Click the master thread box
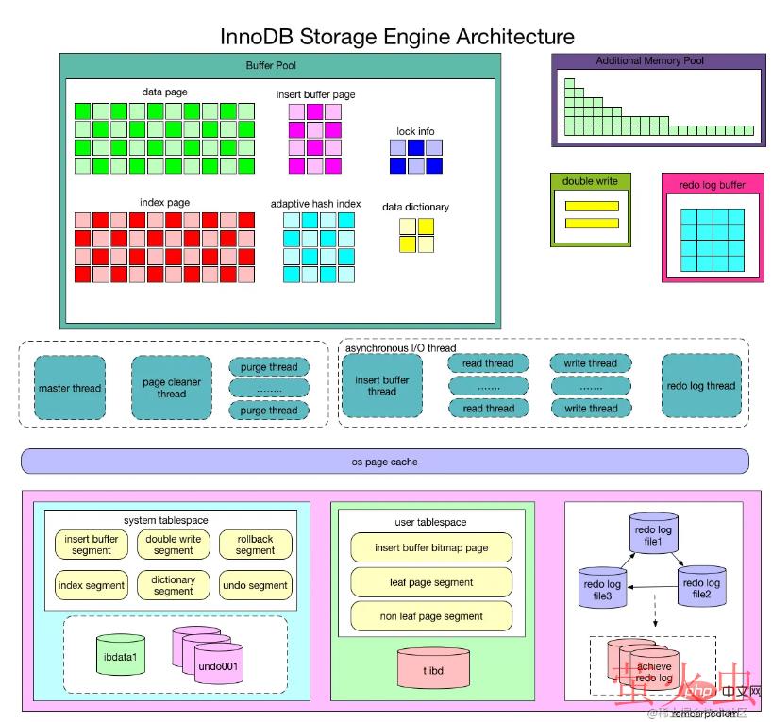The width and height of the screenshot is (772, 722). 70,388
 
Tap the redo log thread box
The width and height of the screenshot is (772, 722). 700,385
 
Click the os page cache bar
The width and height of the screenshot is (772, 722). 385,462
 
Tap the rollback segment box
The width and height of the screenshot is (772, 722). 255,545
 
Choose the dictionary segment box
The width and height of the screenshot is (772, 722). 174,585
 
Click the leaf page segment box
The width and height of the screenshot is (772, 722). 431,581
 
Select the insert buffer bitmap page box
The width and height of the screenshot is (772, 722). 431,547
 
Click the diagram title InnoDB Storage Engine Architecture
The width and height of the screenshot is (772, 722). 397,37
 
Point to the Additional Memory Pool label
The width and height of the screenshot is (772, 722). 649,61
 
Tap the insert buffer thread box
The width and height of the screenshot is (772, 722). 381,385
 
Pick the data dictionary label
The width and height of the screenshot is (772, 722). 415,207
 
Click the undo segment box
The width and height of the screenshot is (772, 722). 255,585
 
